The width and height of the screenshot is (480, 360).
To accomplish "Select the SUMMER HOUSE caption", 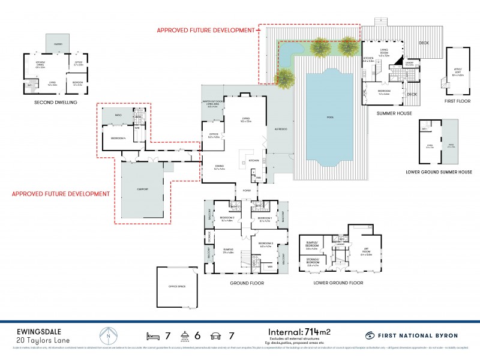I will (392, 112).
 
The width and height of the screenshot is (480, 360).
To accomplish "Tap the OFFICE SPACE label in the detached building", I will (177, 287).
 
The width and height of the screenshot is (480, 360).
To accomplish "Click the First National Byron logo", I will (412, 335).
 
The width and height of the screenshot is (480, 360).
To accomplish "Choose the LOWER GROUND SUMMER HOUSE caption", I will (439, 172).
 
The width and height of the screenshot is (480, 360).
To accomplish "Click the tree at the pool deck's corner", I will (285, 77).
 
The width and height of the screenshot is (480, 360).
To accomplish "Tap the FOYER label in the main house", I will (247, 191).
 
